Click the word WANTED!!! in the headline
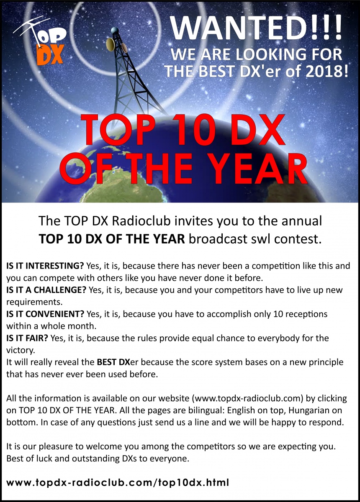pos(256,27)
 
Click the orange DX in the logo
pos(50,54)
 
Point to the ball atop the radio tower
pos(115,30)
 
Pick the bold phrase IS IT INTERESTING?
pos(45,266)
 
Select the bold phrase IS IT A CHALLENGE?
pos(46,290)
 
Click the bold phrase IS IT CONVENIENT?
pos(45,314)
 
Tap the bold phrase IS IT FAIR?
pos(27,338)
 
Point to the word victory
pos(21,350)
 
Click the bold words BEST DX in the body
pos(113,362)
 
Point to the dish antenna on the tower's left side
pos(111,44)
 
